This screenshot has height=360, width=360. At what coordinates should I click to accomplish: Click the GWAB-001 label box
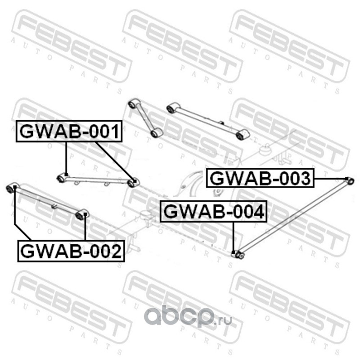pos(69,131)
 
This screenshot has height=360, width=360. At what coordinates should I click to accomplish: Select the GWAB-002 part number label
pos(71,250)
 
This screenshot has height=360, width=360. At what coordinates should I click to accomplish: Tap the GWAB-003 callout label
pos(260,178)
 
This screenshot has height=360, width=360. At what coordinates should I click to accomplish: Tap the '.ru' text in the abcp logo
pos(224,320)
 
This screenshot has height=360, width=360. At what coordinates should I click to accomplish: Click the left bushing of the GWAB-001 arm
pos(62,179)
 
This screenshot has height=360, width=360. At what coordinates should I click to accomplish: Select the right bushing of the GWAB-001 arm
pos(132,183)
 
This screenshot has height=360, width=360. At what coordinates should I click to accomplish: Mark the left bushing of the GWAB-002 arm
pos(13,187)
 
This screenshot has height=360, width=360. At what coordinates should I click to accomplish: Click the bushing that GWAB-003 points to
pos(351,181)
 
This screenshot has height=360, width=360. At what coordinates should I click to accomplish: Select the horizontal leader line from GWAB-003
pos(328,179)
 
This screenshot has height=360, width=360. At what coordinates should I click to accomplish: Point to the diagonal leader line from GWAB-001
pos(114,161)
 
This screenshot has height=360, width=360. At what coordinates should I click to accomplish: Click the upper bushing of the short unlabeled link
pos(133,104)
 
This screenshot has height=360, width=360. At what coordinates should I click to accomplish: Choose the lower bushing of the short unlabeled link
pos(156,132)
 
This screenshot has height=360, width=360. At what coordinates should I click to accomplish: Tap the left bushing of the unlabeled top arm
pos(171,108)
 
